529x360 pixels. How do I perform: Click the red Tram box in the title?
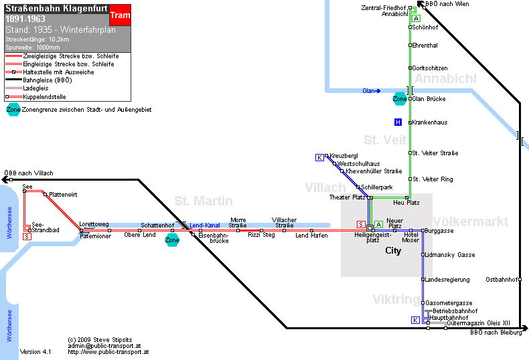(120, 15)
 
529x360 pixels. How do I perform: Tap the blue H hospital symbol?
(398, 122)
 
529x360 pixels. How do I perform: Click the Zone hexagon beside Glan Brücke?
(400, 99)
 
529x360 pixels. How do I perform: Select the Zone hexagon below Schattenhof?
(172, 240)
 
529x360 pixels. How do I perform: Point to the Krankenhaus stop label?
(430, 122)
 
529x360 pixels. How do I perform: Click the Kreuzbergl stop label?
(344, 156)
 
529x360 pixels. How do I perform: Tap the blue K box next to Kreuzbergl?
(319, 157)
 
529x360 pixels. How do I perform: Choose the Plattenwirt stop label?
(63, 195)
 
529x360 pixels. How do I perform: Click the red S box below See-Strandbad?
(27, 237)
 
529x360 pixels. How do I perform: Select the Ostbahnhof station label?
(502, 280)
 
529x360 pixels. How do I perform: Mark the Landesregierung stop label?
(447, 280)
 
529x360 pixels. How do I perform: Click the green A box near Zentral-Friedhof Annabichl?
(417, 19)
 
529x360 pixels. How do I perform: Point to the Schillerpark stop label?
(377, 187)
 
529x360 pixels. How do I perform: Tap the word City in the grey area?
(393, 251)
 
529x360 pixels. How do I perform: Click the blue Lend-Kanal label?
(205, 226)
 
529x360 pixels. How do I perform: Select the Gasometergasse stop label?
(449, 303)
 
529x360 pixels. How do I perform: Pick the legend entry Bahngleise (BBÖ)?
(48, 80)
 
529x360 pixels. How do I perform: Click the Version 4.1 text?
(35, 352)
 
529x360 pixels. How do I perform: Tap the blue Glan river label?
(369, 91)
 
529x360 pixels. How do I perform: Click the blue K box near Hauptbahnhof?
(415, 321)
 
